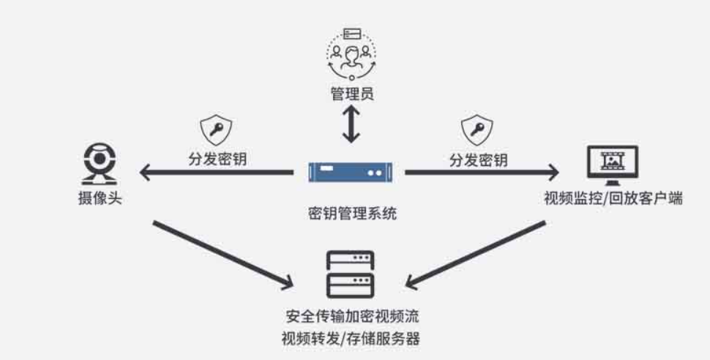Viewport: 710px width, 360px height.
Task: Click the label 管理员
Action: pyautogui.click(x=352, y=94)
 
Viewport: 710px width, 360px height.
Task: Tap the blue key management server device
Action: pyautogui.click(x=352, y=173)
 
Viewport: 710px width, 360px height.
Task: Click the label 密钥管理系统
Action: pyautogui.click(x=352, y=215)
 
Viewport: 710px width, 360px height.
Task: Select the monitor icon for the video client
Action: pyautogui.click(x=613, y=165)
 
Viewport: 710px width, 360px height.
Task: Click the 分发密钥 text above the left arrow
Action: pyautogui.click(x=217, y=159)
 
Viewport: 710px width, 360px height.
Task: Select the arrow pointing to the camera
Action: pyautogui.click(x=216, y=173)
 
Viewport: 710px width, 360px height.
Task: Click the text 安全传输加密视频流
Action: pyautogui.click(x=352, y=318)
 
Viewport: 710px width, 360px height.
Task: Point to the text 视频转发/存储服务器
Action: pyautogui.click(x=352, y=340)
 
